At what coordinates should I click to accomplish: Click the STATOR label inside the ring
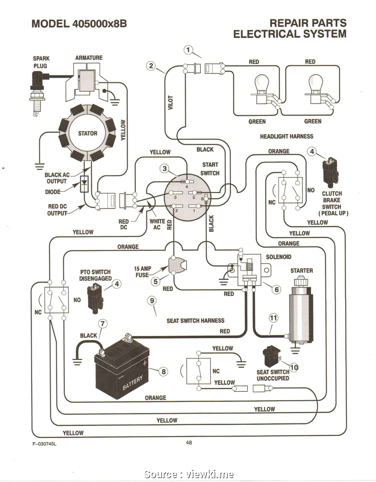coord(88,134)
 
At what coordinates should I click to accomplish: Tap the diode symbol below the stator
coord(84,184)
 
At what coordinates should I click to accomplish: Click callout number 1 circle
coord(188,50)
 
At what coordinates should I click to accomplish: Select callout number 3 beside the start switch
coord(165,169)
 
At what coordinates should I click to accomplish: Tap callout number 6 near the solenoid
coord(277,289)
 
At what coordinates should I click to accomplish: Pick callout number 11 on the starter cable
coord(273,318)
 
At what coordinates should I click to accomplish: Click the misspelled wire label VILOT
coord(171,103)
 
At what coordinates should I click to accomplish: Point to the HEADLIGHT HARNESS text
coord(287,136)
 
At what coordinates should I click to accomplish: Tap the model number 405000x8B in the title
coord(99,23)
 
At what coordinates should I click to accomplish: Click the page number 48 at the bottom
coord(189,442)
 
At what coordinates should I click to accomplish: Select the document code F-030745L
coord(44,444)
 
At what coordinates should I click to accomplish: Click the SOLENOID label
coord(279,257)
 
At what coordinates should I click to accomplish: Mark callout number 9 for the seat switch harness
coord(152,301)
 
